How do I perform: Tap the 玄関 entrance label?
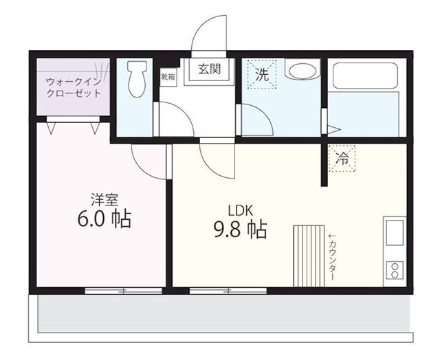210,69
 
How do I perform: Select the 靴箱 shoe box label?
168,76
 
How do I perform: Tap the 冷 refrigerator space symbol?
341,159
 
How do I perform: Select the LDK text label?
240,210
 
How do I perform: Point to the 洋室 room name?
104,201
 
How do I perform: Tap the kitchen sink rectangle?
396,234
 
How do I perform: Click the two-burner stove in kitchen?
396,269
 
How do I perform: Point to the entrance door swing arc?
210,31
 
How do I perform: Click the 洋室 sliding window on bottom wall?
124,291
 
